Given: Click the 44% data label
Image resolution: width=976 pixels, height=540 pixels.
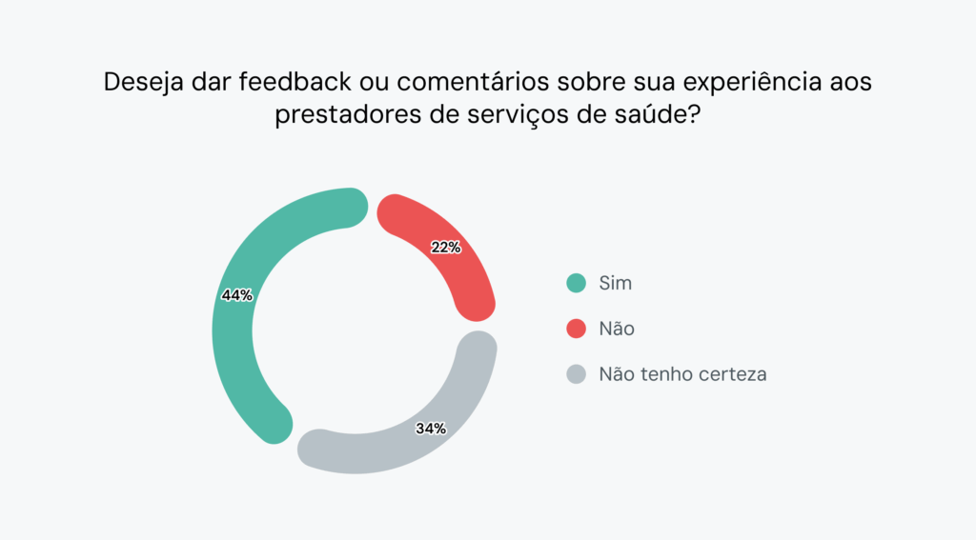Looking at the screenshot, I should point(236,295).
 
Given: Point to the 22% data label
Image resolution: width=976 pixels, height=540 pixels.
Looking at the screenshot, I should point(445,248).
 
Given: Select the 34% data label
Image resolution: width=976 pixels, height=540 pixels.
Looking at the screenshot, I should point(431,429).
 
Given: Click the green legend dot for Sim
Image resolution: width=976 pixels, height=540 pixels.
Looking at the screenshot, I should point(576,283).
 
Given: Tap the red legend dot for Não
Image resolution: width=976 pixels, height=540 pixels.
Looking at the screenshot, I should point(576,329).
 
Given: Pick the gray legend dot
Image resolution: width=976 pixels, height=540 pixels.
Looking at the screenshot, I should point(576,374).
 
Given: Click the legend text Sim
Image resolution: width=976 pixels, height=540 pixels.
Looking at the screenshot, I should point(615,283).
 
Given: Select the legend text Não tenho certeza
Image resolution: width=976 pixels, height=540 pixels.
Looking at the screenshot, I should point(682,374).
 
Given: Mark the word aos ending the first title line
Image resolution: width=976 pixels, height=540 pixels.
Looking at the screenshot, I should point(848,83).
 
